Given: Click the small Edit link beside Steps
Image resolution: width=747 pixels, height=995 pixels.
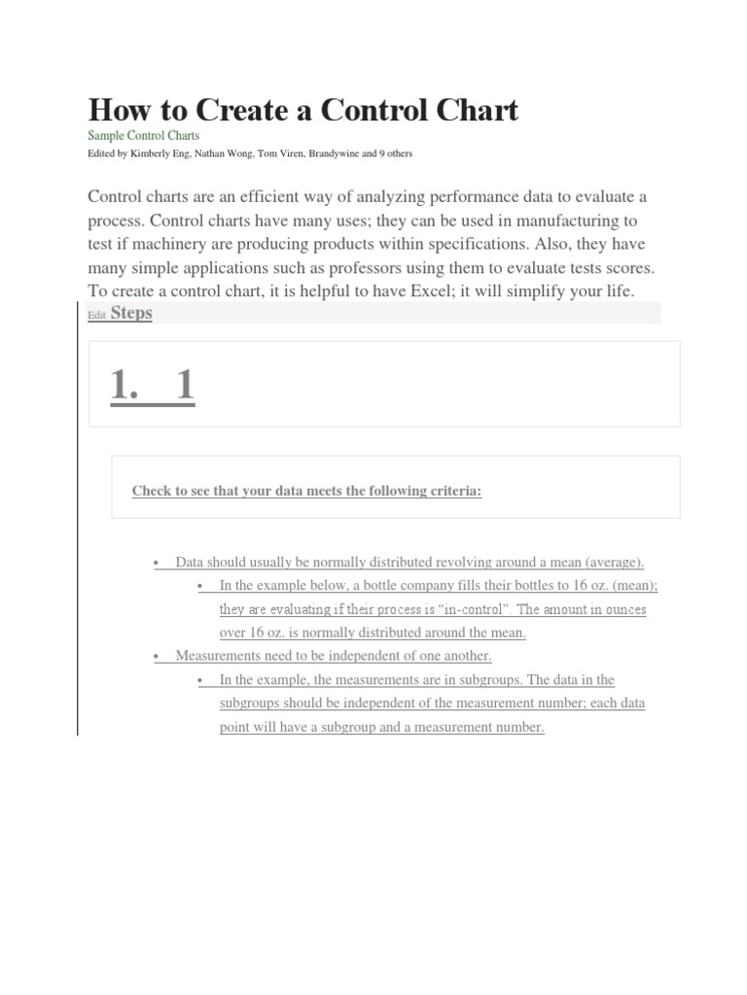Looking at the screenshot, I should point(96,315).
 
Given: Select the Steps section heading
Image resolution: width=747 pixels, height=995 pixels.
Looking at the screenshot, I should point(131,313).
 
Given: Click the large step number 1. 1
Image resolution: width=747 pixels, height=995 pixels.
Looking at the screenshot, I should point(153,387).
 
